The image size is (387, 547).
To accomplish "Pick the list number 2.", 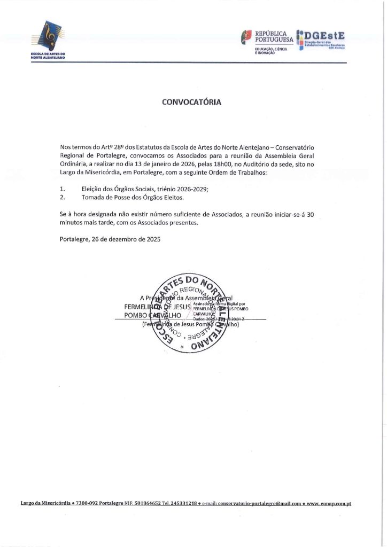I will tap(63, 198).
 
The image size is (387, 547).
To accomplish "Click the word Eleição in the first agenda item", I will tap(94, 189).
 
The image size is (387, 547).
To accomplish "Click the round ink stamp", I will tap(190, 315).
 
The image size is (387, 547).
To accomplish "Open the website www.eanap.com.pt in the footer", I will tap(328, 503).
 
